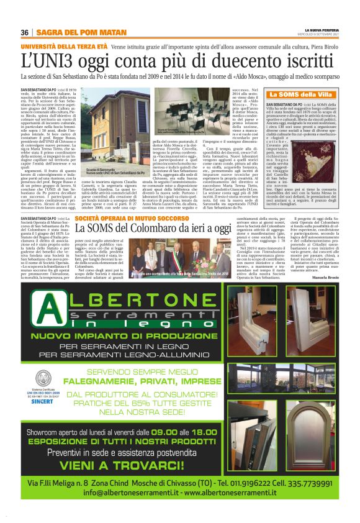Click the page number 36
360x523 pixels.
[25, 32]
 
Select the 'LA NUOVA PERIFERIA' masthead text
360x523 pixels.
[326, 29]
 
